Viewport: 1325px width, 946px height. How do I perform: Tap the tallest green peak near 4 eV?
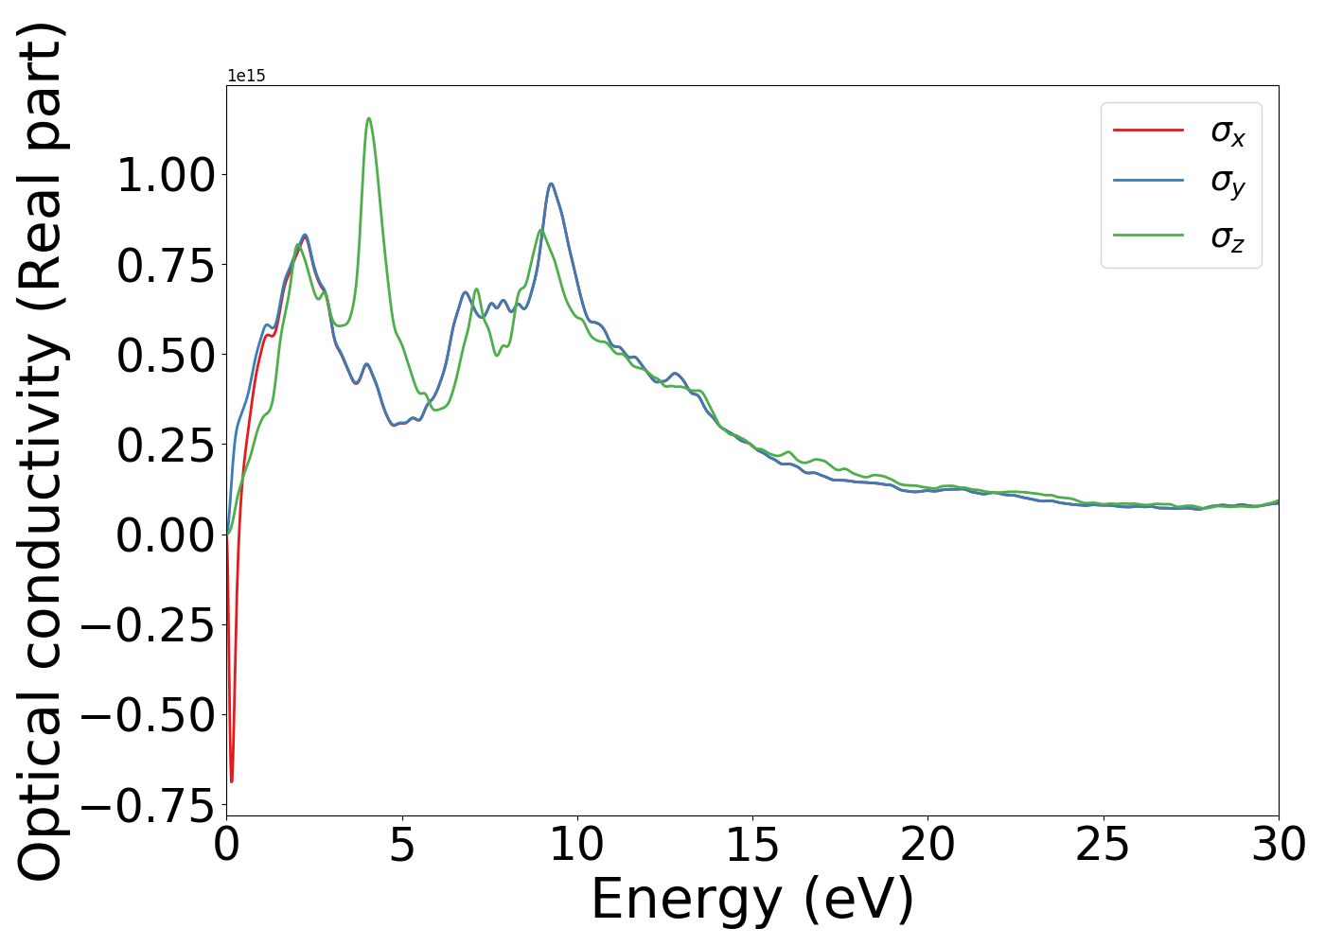[368, 118]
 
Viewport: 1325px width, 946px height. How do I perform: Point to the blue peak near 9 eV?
[551, 184]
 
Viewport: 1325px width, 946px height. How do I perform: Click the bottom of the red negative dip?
[231, 781]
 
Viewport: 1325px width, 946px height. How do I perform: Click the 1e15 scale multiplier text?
[246, 76]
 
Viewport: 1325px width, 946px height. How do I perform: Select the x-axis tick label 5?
[402, 844]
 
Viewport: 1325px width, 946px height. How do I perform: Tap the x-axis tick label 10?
[577, 844]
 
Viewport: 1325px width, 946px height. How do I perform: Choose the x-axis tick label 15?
[752, 844]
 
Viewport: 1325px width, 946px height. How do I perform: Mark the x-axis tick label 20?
[927, 844]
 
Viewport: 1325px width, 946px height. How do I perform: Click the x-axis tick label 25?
[1103, 844]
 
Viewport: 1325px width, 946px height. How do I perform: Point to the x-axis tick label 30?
[1278, 844]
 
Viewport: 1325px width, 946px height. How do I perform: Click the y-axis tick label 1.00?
[166, 176]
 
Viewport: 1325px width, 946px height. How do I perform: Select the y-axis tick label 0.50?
[166, 356]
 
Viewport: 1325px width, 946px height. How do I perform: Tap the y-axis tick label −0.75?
[149, 806]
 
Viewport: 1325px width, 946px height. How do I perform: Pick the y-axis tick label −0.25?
[149, 625]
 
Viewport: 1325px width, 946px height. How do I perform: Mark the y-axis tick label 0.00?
[166, 535]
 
